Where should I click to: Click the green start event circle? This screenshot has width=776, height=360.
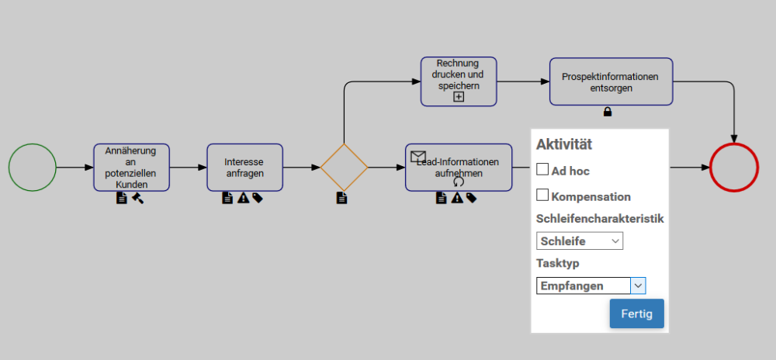click(x=33, y=168)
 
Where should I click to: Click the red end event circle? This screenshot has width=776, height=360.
click(x=733, y=168)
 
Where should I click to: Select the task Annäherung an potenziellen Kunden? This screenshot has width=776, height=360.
click(x=131, y=167)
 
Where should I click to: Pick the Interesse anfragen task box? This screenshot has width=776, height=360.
click(x=244, y=167)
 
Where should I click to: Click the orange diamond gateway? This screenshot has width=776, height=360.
click(x=344, y=168)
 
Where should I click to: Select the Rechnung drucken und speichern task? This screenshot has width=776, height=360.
click(x=459, y=76)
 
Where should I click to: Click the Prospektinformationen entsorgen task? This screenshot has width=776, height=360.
click(x=611, y=81)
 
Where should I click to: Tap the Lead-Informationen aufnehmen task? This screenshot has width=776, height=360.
click(x=459, y=167)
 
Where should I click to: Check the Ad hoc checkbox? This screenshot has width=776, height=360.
click(x=542, y=169)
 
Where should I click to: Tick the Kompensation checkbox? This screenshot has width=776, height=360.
click(x=542, y=195)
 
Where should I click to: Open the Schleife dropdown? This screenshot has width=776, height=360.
click(x=579, y=241)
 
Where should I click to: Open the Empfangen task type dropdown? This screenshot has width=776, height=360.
click(x=591, y=286)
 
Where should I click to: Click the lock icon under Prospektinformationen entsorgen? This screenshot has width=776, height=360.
click(x=608, y=112)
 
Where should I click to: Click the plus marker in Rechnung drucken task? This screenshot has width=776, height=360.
click(x=459, y=97)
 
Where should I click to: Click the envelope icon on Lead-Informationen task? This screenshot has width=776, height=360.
click(x=418, y=156)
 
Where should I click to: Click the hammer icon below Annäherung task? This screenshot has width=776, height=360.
click(x=137, y=198)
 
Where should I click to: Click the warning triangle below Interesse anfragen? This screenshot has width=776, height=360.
click(x=243, y=198)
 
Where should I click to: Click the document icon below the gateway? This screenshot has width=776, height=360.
click(x=341, y=198)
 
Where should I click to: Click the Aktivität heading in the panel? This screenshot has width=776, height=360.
click(x=564, y=144)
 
